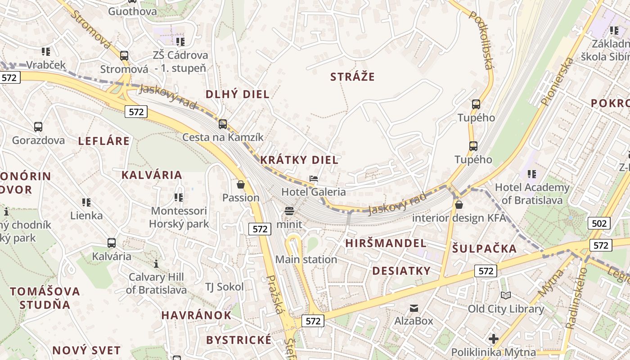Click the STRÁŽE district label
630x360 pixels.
click(x=352, y=77)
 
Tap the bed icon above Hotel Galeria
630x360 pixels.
click(x=314, y=179)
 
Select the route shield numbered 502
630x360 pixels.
click(x=598, y=223)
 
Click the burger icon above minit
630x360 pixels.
click(x=289, y=211)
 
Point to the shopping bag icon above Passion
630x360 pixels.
click(x=241, y=184)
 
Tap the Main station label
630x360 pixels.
click(x=306, y=260)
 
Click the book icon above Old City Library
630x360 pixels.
click(x=506, y=295)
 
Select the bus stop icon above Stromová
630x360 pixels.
click(x=124, y=56)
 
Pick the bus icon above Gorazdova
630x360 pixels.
click(x=38, y=127)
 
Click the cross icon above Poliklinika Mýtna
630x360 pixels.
click(x=494, y=338)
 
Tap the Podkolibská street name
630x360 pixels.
click(x=481, y=40)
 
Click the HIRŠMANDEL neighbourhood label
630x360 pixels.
click(x=386, y=243)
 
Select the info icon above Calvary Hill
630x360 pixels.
click(x=156, y=264)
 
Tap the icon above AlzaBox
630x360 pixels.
click(x=414, y=308)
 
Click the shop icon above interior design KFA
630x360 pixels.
click(x=459, y=205)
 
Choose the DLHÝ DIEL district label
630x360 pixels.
click(x=237, y=94)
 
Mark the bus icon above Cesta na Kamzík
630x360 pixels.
click(x=223, y=124)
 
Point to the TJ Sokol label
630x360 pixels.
click(x=224, y=287)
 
